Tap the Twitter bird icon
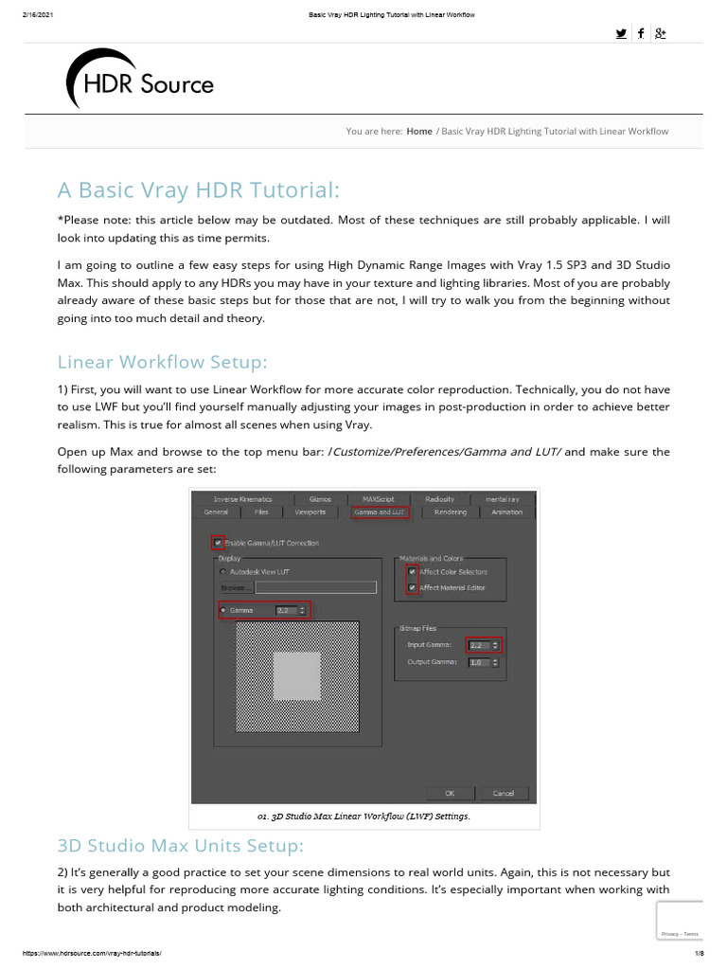click(x=620, y=33)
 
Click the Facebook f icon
click(x=641, y=33)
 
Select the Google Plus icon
click(x=661, y=33)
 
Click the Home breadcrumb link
click(x=419, y=131)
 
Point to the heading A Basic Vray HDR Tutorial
click(x=198, y=190)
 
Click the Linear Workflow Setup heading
click(x=163, y=362)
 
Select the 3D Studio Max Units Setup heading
click(x=180, y=844)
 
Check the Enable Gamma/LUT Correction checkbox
click(x=218, y=543)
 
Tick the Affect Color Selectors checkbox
click(x=411, y=572)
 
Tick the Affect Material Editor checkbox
click(x=411, y=588)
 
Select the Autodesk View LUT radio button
click(x=223, y=572)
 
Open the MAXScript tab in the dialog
click(x=371, y=498)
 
